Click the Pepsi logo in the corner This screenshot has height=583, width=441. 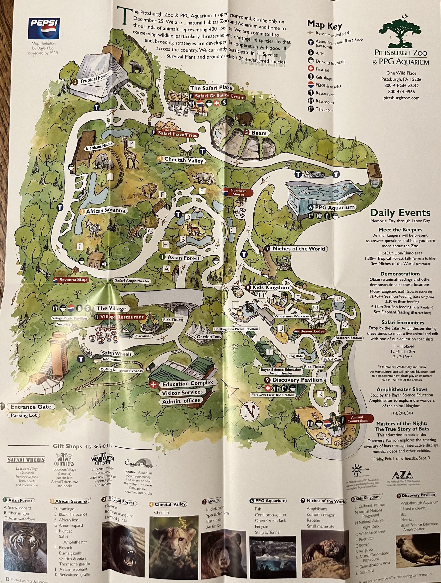[x=44, y=28]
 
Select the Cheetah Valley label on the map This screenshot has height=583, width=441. [x=183, y=160]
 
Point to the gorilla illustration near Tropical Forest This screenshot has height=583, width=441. [x=136, y=66]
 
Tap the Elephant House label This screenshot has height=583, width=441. [x=99, y=146]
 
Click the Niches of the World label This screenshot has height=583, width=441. [x=298, y=249]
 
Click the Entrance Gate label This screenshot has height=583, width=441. [x=31, y=406]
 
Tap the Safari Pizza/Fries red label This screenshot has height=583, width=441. [x=177, y=134]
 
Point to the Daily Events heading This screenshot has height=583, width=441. [x=400, y=213]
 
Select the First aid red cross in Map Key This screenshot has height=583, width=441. [x=311, y=69]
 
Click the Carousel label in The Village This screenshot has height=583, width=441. [x=143, y=336]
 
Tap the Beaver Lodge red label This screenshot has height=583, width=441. [x=312, y=331]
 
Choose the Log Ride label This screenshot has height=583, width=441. [x=296, y=356]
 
